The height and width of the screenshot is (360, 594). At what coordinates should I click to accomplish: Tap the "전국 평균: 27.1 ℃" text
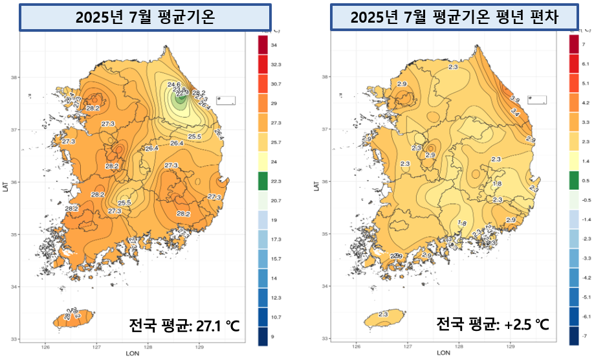(x=184, y=325)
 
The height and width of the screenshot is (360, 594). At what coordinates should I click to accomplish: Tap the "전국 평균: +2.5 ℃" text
(x=493, y=324)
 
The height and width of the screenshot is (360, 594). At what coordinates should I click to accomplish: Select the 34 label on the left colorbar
(x=274, y=45)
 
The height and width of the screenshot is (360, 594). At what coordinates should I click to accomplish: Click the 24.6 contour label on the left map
(x=174, y=85)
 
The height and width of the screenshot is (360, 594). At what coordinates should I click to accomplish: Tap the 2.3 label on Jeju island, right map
(x=382, y=315)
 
